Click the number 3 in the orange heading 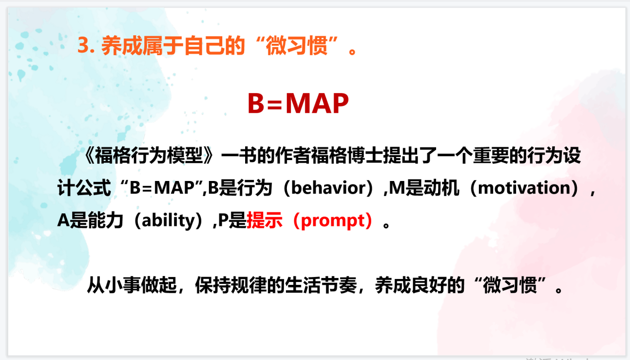[x=83, y=45]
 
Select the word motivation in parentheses [x=524, y=187]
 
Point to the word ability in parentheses [x=168, y=220]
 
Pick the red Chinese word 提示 [x=265, y=220]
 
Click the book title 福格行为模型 [x=149, y=156]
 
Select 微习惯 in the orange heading [x=297, y=45]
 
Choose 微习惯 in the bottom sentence [x=510, y=285]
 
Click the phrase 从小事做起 [x=132, y=285]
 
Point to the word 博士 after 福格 [x=365, y=156]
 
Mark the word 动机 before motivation [x=442, y=187]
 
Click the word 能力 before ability [x=106, y=220]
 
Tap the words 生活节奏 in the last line [x=321, y=285]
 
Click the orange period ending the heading [x=352, y=52]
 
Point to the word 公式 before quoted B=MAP [x=93, y=187]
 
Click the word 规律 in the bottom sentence [x=249, y=285]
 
